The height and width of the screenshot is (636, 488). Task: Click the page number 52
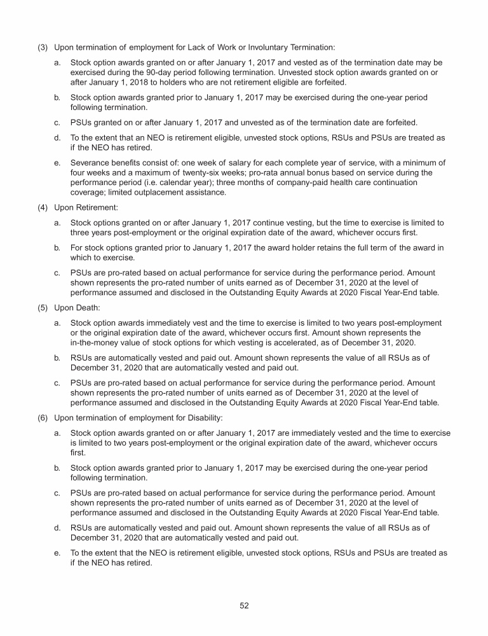pyautogui.click(x=244, y=605)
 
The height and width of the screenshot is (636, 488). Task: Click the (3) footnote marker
pyautogui.click(x=42, y=47)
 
